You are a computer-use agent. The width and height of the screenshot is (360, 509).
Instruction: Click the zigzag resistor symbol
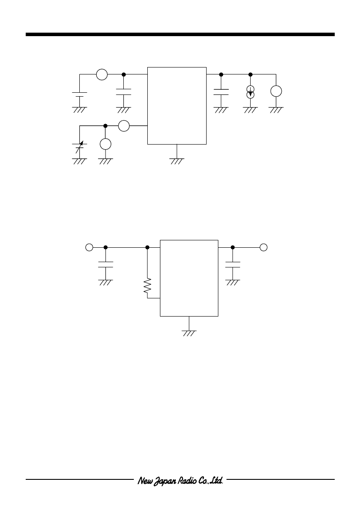(x=147, y=286)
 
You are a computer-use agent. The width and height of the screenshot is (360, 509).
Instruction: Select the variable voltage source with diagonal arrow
(x=80, y=147)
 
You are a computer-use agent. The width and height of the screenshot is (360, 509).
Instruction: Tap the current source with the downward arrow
(x=250, y=91)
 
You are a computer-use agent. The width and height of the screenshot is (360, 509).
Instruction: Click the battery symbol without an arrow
(x=80, y=94)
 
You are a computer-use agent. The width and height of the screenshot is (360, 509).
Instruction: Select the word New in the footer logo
(x=143, y=481)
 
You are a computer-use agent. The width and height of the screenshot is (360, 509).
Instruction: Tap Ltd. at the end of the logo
(x=216, y=480)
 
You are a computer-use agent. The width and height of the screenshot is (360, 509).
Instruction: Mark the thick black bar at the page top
(x=180, y=34)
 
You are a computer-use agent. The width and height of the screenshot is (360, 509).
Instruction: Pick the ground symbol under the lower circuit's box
(x=189, y=333)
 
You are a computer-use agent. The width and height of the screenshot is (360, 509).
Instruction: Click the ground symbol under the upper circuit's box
(x=177, y=162)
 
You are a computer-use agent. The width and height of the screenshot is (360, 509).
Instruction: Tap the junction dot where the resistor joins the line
(x=147, y=247)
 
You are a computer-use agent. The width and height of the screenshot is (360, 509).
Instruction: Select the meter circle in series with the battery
(x=102, y=74)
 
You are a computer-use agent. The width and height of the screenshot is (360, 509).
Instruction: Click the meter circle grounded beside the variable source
(x=105, y=144)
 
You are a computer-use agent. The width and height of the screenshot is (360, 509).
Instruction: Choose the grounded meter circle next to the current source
(x=276, y=91)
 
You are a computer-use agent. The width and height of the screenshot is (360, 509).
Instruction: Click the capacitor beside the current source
(x=221, y=92)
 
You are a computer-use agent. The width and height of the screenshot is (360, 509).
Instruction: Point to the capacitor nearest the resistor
(x=105, y=265)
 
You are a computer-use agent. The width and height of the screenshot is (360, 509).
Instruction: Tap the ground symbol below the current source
(x=250, y=110)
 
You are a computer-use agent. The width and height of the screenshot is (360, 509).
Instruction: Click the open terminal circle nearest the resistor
(x=89, y=247)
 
